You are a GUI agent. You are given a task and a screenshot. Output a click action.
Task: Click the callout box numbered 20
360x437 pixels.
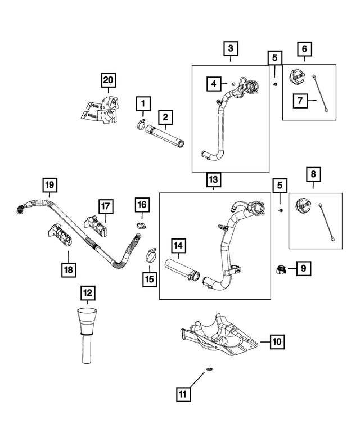(x=108, y=81)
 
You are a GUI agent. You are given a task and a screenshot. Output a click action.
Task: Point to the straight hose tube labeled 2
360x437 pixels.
(x=166, y=137)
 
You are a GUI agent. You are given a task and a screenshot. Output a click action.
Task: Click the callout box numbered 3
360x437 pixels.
(x=229, y=49)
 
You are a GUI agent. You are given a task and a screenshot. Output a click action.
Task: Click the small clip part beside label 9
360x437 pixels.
(x=281, y=270)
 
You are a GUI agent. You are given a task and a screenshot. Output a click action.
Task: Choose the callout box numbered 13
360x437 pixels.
(x=214, y=179)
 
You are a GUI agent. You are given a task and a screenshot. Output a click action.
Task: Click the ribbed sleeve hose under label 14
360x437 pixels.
(x=181, y=272)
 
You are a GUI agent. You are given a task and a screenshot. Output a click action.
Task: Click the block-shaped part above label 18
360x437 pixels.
(x=60, y=235)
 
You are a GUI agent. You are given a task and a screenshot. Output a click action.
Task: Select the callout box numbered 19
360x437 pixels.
(x=49, y=184)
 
